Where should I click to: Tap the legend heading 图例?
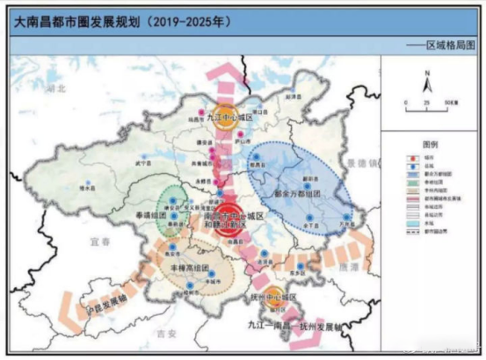click(x=430, y=142)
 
